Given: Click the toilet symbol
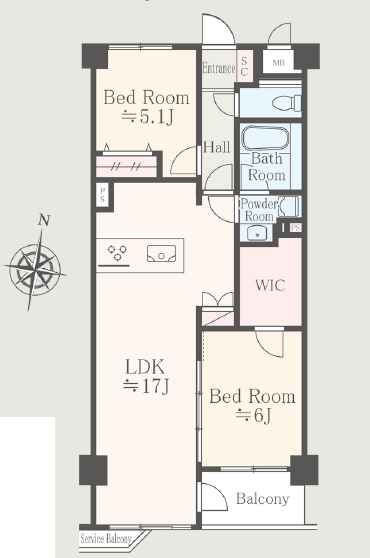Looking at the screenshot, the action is click(287, 103).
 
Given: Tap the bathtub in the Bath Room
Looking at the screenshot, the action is click(265, 139).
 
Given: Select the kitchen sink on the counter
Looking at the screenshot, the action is click(162, 253).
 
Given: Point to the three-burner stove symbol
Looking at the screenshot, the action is click(117, 252).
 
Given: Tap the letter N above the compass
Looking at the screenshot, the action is click(44, 221).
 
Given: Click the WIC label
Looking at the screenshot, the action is click(270, 285).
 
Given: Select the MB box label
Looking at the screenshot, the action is click(279, 63).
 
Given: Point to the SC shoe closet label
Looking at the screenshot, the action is click(244, 66).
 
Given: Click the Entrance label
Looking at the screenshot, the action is click(219, 68).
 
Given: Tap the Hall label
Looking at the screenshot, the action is click(216, 147).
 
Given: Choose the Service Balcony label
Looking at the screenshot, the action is click(106, 539).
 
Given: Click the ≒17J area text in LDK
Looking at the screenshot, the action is click(146, 386).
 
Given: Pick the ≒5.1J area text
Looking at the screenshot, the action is click(147, 116).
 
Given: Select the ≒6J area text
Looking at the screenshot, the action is click(253, 415).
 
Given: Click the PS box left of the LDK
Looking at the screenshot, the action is click(102, 195).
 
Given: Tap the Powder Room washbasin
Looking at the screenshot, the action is click(256, 233).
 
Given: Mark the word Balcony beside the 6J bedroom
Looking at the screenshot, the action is click(263, 499).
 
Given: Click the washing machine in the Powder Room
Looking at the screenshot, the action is click(289, 206).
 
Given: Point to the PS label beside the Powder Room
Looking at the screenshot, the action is click(295, 227).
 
